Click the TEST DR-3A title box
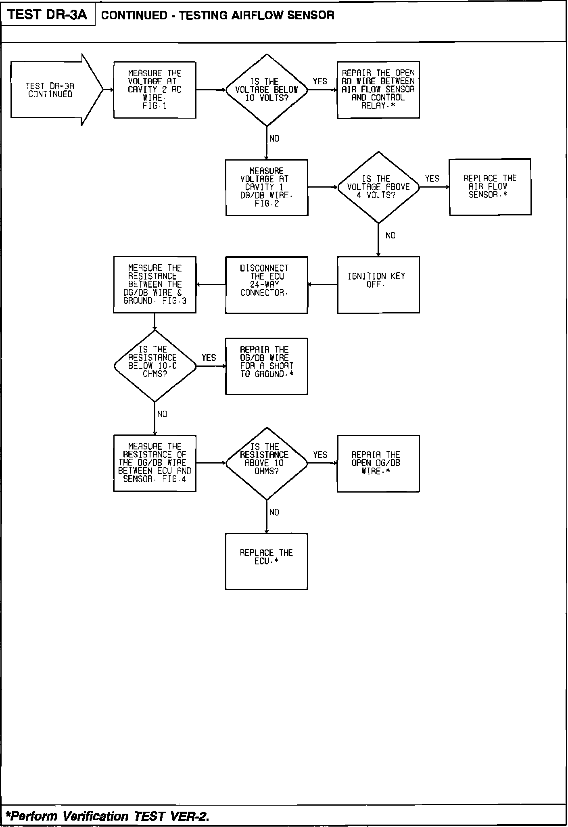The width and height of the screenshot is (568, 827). [x=48, y=15]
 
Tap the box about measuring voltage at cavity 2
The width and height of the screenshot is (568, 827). [x=155, y=90]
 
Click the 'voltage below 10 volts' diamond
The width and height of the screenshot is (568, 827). [x=266, y=90]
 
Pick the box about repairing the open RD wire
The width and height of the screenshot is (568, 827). [x=378, y=90]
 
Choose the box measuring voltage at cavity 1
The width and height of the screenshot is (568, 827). [x=267, y=188]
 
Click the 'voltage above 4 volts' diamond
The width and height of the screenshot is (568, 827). [x=378, y=187]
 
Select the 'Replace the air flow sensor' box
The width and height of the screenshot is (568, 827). [x=490, y=187]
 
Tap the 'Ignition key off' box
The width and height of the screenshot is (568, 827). [x=378, y=284]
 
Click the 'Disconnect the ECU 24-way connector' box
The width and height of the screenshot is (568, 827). [x=266, y=285]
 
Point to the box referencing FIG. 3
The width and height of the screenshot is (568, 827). [x=155, y=284]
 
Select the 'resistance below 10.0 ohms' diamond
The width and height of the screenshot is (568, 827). [x=155, y=366]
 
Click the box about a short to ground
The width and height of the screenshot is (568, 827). [x=266, y=366]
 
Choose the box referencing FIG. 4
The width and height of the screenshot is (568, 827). [x=155, y=463]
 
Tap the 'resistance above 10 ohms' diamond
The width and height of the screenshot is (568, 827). [x=266, y=463]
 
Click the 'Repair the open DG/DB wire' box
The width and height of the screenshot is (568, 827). [x=378, y=463]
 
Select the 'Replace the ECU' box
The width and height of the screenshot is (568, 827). [x=266, y=561]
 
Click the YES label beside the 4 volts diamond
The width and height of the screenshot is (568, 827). [x=432, y=178]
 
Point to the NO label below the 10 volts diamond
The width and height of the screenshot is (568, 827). [x=274, y=139]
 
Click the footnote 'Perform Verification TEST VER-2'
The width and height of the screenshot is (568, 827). [x=107, y=817]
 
